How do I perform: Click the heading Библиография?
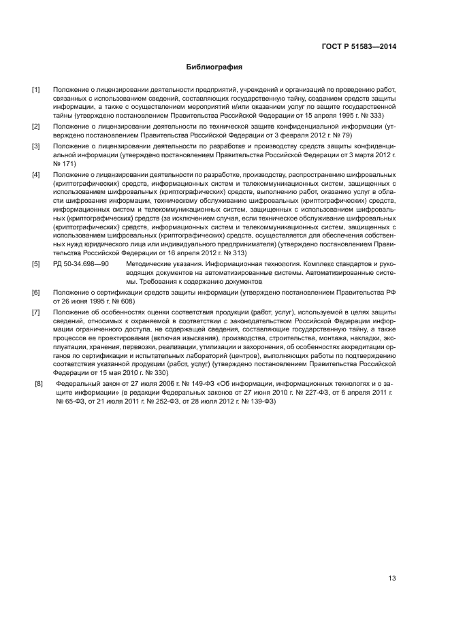214,68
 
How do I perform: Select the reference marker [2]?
36,127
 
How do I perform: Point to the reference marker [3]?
36,146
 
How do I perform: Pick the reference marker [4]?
36,174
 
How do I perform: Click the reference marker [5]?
36,263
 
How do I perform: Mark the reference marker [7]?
36,311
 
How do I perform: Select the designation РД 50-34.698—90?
80,263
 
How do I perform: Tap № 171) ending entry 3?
65,164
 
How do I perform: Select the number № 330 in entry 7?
155,373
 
